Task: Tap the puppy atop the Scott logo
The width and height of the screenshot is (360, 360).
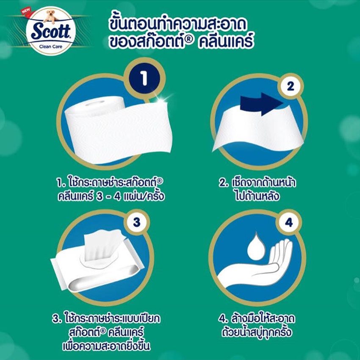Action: coord(52,17)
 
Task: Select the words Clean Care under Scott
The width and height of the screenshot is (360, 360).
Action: coord(51,47)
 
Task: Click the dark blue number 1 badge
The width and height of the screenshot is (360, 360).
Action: coord(144,78)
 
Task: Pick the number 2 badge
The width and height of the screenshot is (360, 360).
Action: coord(290,86)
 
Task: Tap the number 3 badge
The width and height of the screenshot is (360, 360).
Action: coord(136,222)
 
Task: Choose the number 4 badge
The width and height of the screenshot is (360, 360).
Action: coord(289,222)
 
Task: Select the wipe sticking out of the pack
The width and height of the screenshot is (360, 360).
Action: coord(103,245)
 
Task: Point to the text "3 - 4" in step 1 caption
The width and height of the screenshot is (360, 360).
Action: coord(108,197)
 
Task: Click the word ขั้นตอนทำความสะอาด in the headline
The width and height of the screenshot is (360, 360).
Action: coord(178,24)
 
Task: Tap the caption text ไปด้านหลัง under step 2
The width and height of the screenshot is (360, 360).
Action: coord(258,197)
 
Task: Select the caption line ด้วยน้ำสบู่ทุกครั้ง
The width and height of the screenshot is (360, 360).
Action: coord(257,332)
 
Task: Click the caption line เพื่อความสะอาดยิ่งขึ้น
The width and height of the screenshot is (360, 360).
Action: coord(106,346)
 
